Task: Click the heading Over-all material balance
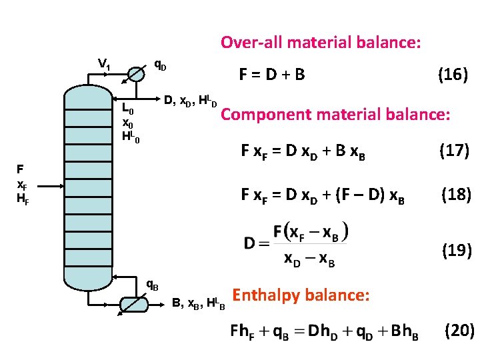coord(321,43)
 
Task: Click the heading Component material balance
coord(336,114)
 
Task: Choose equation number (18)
coord(456,195)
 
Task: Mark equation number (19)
coord(456,251)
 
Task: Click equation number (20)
coord(459,331)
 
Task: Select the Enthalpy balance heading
coord(300,294)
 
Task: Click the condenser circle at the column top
coord(137,73)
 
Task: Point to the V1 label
coord(104,64)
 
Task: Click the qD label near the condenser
coord(160,65)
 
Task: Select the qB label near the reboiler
coord(153,285)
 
